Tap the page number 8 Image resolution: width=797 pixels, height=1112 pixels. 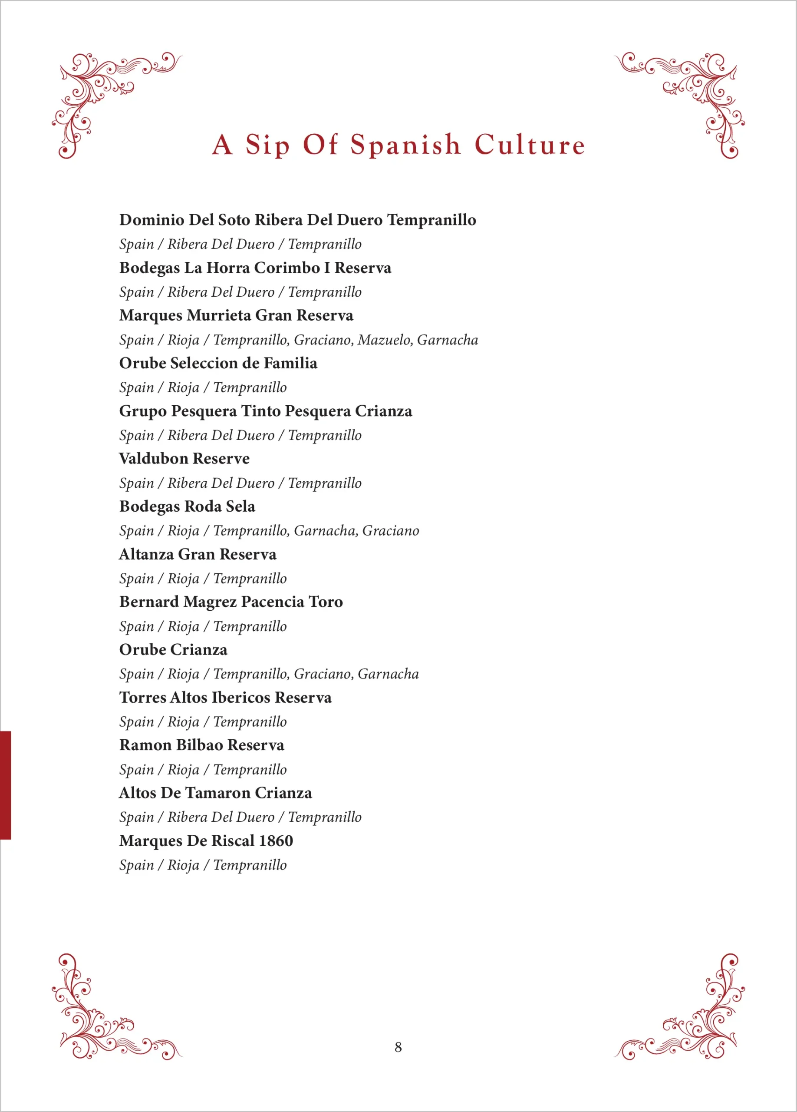pos(398,1047)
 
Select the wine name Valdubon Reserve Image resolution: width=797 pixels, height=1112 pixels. pos(184,458)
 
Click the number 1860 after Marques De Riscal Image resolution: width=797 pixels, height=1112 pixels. pos(276,841)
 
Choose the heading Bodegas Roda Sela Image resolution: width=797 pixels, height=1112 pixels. pos(187,506)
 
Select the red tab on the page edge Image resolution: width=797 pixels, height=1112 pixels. pos(5,784)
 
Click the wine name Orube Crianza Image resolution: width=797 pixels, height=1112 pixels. pos(173,650)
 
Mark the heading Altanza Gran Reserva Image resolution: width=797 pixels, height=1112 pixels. pos(198,554)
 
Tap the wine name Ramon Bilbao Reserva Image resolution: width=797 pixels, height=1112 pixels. pos(202,745)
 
